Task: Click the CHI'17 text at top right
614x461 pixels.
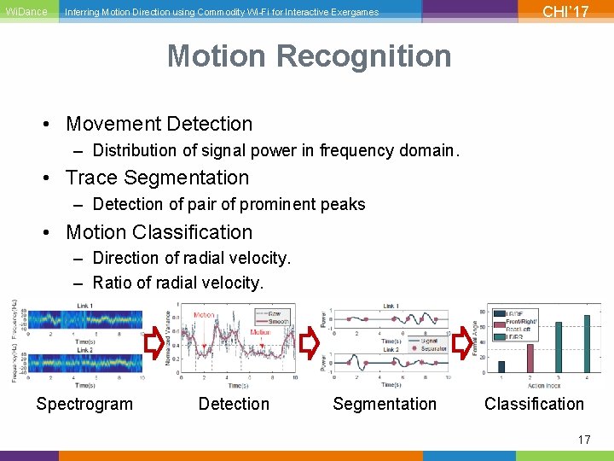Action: (x=565, y=12)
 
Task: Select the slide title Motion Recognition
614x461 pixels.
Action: (x=309, y=56)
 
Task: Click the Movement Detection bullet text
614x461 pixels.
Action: (x=159, y=124)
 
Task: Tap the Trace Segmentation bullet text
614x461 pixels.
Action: (x=157, y=178)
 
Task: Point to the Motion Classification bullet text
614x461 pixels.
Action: (x=159, y=232)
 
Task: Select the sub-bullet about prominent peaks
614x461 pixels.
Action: (x=229, y=204)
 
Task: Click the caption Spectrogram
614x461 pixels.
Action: (x=84, y=404)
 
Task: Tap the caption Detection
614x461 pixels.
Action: (x=234, y=404)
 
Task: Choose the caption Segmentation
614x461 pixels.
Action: (x=384, y=404)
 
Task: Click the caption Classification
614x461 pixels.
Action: (x=534, y=404)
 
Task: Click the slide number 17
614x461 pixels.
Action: (x=584, y=440)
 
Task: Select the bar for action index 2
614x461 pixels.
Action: (x=530, y=359)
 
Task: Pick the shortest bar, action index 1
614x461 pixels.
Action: (x=501, y=368)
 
